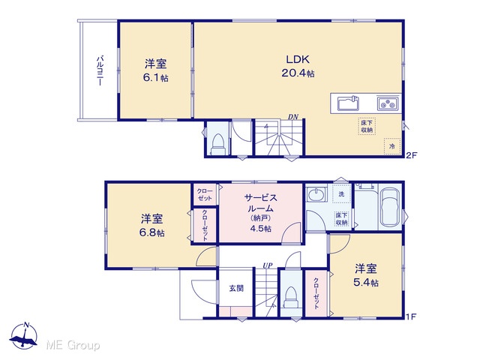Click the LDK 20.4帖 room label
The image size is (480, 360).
click(x=298, y=66)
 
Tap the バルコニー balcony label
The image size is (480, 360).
click(x=100, y=70)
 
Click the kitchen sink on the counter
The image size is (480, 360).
click(x=348, y=103)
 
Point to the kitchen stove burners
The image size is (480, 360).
click(x=388, y=103)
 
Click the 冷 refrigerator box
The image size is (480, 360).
click(x=392, y=146)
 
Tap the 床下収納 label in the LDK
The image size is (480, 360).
click(x=367, y=126)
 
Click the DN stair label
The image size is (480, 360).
click(x=292, y=117)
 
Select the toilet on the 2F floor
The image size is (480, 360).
click(x=218, y=144)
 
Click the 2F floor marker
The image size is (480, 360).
click(x=412, y=155)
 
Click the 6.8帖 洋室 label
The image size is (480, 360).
click(x=151, y=226)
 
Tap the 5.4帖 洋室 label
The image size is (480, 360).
click(x=366, y=275)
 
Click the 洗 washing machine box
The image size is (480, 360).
click(x=341, y=193)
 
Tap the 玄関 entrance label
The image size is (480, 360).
click(x=236, y=288)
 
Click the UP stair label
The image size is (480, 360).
click(x=268, y=265)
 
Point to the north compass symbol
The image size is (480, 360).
click(x=24, y=335)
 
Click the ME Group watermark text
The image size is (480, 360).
click(x=73, y=345)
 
